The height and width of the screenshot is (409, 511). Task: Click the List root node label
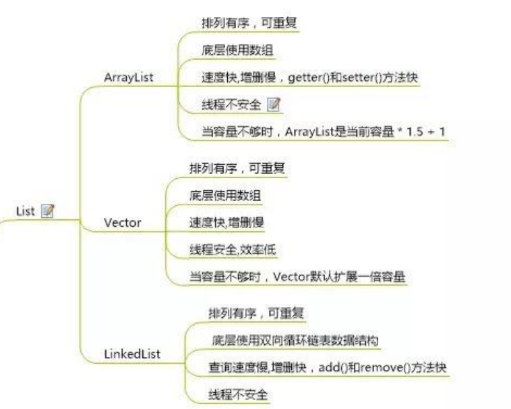click(25, 211)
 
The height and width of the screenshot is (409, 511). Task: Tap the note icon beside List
click(48, 211)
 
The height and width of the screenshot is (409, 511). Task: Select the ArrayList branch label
click(129, 77)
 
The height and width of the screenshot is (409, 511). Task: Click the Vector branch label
click(123, 222)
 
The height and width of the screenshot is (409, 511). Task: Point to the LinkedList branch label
click(133, 354)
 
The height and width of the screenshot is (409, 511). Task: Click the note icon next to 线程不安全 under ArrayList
click(274, 105)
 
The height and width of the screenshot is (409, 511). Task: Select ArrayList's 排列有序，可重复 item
click(249, 22)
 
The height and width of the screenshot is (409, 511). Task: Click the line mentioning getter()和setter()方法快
click(309, 78)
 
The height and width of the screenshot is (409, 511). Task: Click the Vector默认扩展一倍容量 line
click(297, 276)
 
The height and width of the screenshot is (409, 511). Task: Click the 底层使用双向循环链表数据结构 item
click(295, 339)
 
